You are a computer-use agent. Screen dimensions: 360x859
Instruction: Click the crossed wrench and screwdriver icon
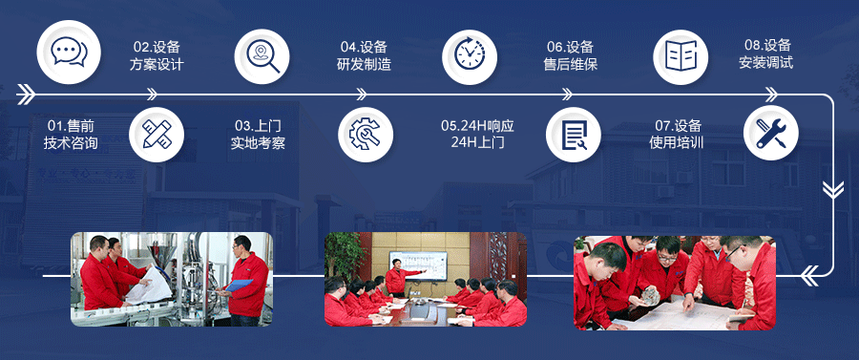770,134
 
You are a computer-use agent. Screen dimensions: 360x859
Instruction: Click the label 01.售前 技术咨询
71,135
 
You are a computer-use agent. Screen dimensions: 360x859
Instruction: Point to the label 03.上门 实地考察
258,135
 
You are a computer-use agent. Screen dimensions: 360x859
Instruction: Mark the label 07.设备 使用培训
677,135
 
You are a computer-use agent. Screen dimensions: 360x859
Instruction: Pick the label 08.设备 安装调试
766,54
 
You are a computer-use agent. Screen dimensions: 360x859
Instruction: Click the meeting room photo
425,280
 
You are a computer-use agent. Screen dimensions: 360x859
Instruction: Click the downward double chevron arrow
833,189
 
